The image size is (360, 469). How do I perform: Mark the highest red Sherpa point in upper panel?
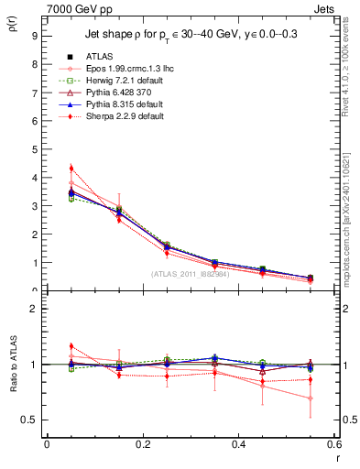pos(71,169)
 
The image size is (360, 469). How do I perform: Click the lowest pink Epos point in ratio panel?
pos(310,398)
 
